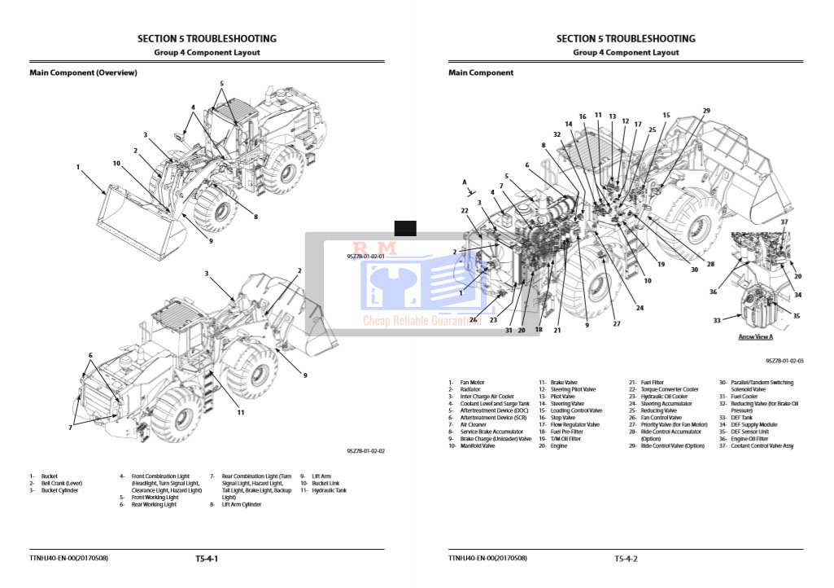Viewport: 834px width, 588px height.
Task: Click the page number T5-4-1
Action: click(207, 559)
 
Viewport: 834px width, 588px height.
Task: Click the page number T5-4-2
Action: click(626, 559)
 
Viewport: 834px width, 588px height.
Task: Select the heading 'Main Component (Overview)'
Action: click(83, 73)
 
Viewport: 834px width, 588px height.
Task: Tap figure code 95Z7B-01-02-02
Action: click(365, 450)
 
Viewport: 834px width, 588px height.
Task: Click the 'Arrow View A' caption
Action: click(755, 336)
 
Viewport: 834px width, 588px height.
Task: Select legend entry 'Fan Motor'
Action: click(472, 382)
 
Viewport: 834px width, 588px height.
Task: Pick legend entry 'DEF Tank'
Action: click(743, 418)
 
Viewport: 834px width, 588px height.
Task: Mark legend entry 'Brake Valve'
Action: click(564, 382)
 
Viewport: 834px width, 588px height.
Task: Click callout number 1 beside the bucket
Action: click(78, 167)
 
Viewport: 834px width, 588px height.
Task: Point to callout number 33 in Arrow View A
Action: click(717, 321)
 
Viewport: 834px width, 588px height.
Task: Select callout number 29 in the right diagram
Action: click(706, 111)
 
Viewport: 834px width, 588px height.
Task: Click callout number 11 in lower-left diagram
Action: click(241, 413)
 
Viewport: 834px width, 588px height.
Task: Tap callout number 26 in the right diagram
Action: click(473, 319)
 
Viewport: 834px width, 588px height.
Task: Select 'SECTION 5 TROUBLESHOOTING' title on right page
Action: click(626, 38)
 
